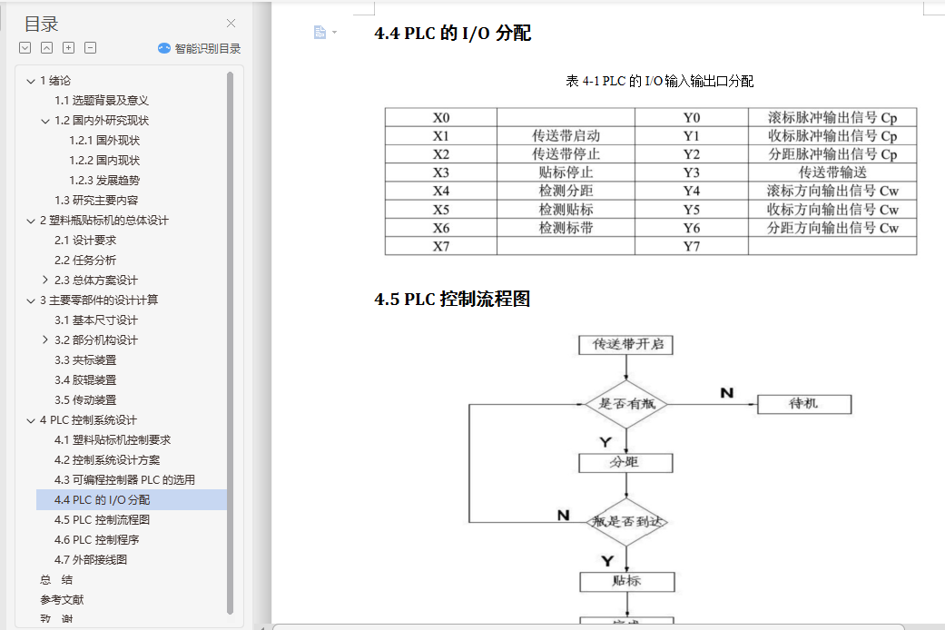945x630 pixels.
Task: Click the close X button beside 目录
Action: point(231,24)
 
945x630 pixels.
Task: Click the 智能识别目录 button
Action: point(200,49)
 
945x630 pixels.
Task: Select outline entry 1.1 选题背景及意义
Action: point(101,101)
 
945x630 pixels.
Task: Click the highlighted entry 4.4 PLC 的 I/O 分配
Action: point(102,500)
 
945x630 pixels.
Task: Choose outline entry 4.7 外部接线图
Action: point(91,560)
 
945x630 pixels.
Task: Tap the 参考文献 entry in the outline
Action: point(62,600)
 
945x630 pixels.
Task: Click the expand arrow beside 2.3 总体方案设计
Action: point(45,281)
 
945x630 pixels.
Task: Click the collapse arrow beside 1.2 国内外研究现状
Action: point(45,121)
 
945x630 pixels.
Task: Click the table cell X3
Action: point(441,172)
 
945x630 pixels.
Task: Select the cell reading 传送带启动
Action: point(566,136)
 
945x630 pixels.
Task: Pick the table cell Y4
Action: point(691,191)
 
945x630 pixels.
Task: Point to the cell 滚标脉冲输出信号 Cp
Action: point(832,118)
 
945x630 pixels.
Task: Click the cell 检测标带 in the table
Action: point(566,228)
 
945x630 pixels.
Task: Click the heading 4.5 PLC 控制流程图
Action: point(452,300)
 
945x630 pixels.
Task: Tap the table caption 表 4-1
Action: point(659,82)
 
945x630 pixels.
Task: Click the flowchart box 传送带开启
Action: point(625,345)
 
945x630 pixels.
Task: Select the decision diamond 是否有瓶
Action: point(625,404)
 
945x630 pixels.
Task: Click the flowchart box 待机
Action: point(803,403)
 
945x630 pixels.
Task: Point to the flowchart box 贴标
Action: point(626,581)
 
